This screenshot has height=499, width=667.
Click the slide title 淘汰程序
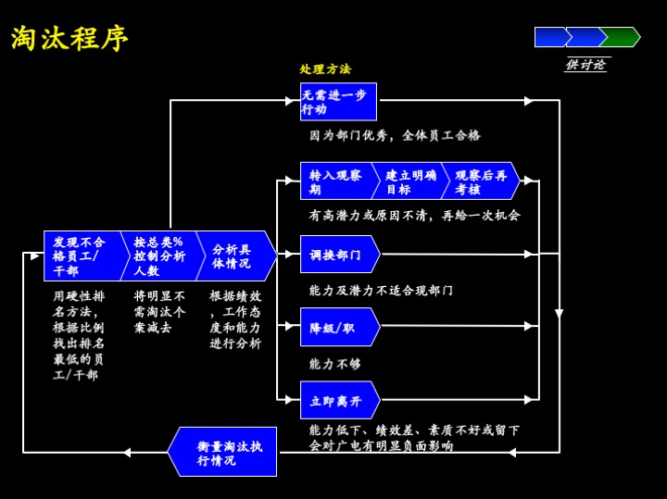click(x=70, y=38)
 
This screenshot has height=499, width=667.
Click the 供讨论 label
click(x=585, y=65)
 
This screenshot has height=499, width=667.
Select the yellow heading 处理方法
click(x=325, y=69)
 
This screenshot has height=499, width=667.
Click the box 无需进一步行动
click(x=338, y=102)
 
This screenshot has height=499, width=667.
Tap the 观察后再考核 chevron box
click(x=480, y=181)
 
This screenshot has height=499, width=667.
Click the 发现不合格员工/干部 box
click(x=82, y=256)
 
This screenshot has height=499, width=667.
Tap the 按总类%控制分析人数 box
click(x=159, y=256)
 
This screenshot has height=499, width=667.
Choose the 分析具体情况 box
click(x=233, y=256)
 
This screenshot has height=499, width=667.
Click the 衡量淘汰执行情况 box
click(x=225, y=453)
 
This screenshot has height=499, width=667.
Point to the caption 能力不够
click(x=335, y=364)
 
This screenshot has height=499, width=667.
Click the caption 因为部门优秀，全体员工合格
click(x=396, y=135)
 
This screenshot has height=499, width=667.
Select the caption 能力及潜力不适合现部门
click(x=381, y=291)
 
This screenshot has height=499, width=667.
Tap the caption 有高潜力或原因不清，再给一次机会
click(x=414, y=215)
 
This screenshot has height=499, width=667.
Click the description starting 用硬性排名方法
click(x=79, y=335)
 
